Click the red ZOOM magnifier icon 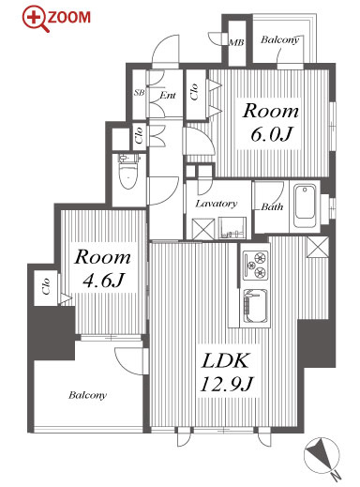(x=36, y=20)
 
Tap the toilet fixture (x=129, y=171)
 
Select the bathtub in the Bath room (x=305, y=206)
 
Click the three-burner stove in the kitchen (x=256, y=266)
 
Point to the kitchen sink (x=256, y=307)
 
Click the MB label (x=236, y=42)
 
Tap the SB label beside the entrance (x=139, y=93)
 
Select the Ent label (x=168, y=95)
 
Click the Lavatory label (x=217, y=204)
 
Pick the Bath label (x=273, y=206)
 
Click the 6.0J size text (x=271, y=134)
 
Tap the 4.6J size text (x=104, y=281)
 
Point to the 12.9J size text (x=226, y=384)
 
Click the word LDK (x=226, y=360)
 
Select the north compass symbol (x=322, y=457)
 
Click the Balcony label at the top (x=280, y=39)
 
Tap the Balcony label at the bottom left (x=87, y=395)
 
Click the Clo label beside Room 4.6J (x=46, y=286)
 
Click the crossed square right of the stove (x=318, y=247)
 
